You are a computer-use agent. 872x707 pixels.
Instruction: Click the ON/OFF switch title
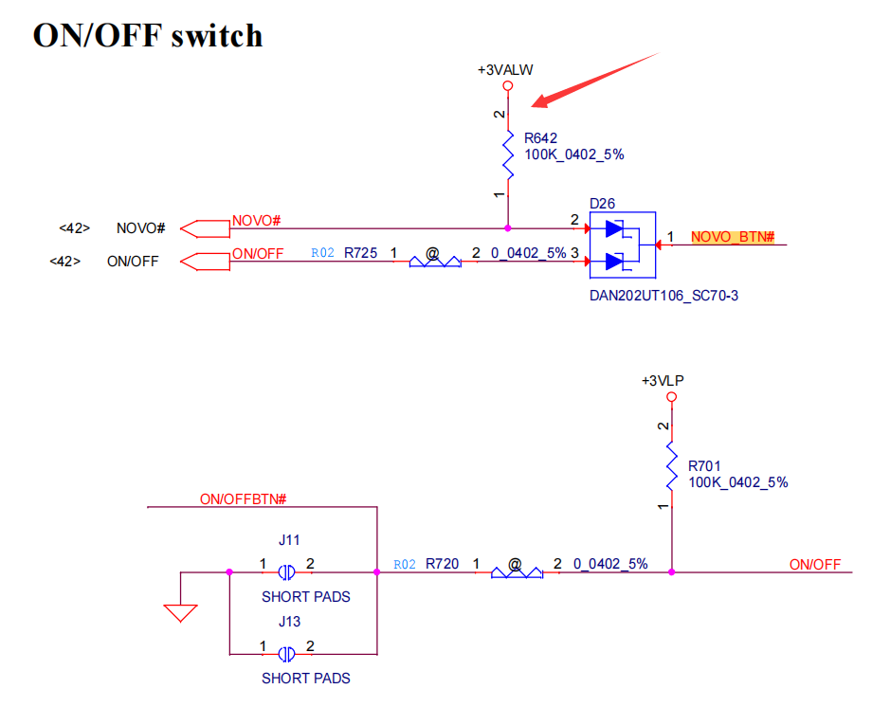coord(148,35)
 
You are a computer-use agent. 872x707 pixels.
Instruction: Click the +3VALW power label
coord(506,70)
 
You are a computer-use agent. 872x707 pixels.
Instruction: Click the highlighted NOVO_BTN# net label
coord(733,237)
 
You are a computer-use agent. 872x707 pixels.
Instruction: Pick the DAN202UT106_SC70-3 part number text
coord(663,296)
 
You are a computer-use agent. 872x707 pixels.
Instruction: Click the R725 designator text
coord(360,253)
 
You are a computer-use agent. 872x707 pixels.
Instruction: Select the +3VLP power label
coord(663,381)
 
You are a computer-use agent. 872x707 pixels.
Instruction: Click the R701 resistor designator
coord(704,465)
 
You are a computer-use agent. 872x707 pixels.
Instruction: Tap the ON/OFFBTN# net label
coord(243,499)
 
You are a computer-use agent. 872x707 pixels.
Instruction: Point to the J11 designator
coord(289,540)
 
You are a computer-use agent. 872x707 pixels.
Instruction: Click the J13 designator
coord(289,622)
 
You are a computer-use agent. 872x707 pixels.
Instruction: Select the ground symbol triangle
coord(180,611)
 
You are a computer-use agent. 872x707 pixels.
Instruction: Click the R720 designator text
coord(442,564)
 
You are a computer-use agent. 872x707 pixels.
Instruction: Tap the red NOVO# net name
coord(256,221)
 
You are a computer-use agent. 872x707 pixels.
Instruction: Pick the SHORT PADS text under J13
coord(305,679)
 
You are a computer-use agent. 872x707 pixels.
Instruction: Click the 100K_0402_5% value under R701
coord(737,482)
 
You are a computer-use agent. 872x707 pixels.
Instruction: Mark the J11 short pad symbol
coord(286,572)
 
